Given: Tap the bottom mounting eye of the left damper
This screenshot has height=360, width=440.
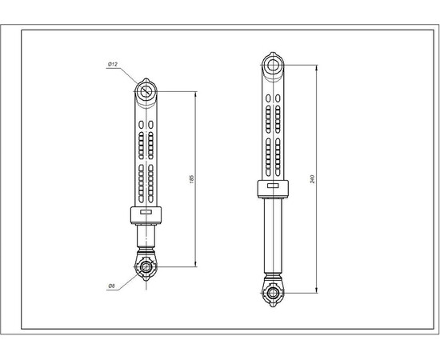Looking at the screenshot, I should pos(146,266).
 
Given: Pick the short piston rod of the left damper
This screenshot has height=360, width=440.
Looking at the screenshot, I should pos(146,236).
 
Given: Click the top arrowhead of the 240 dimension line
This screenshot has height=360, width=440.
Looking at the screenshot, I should pos(317,65).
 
